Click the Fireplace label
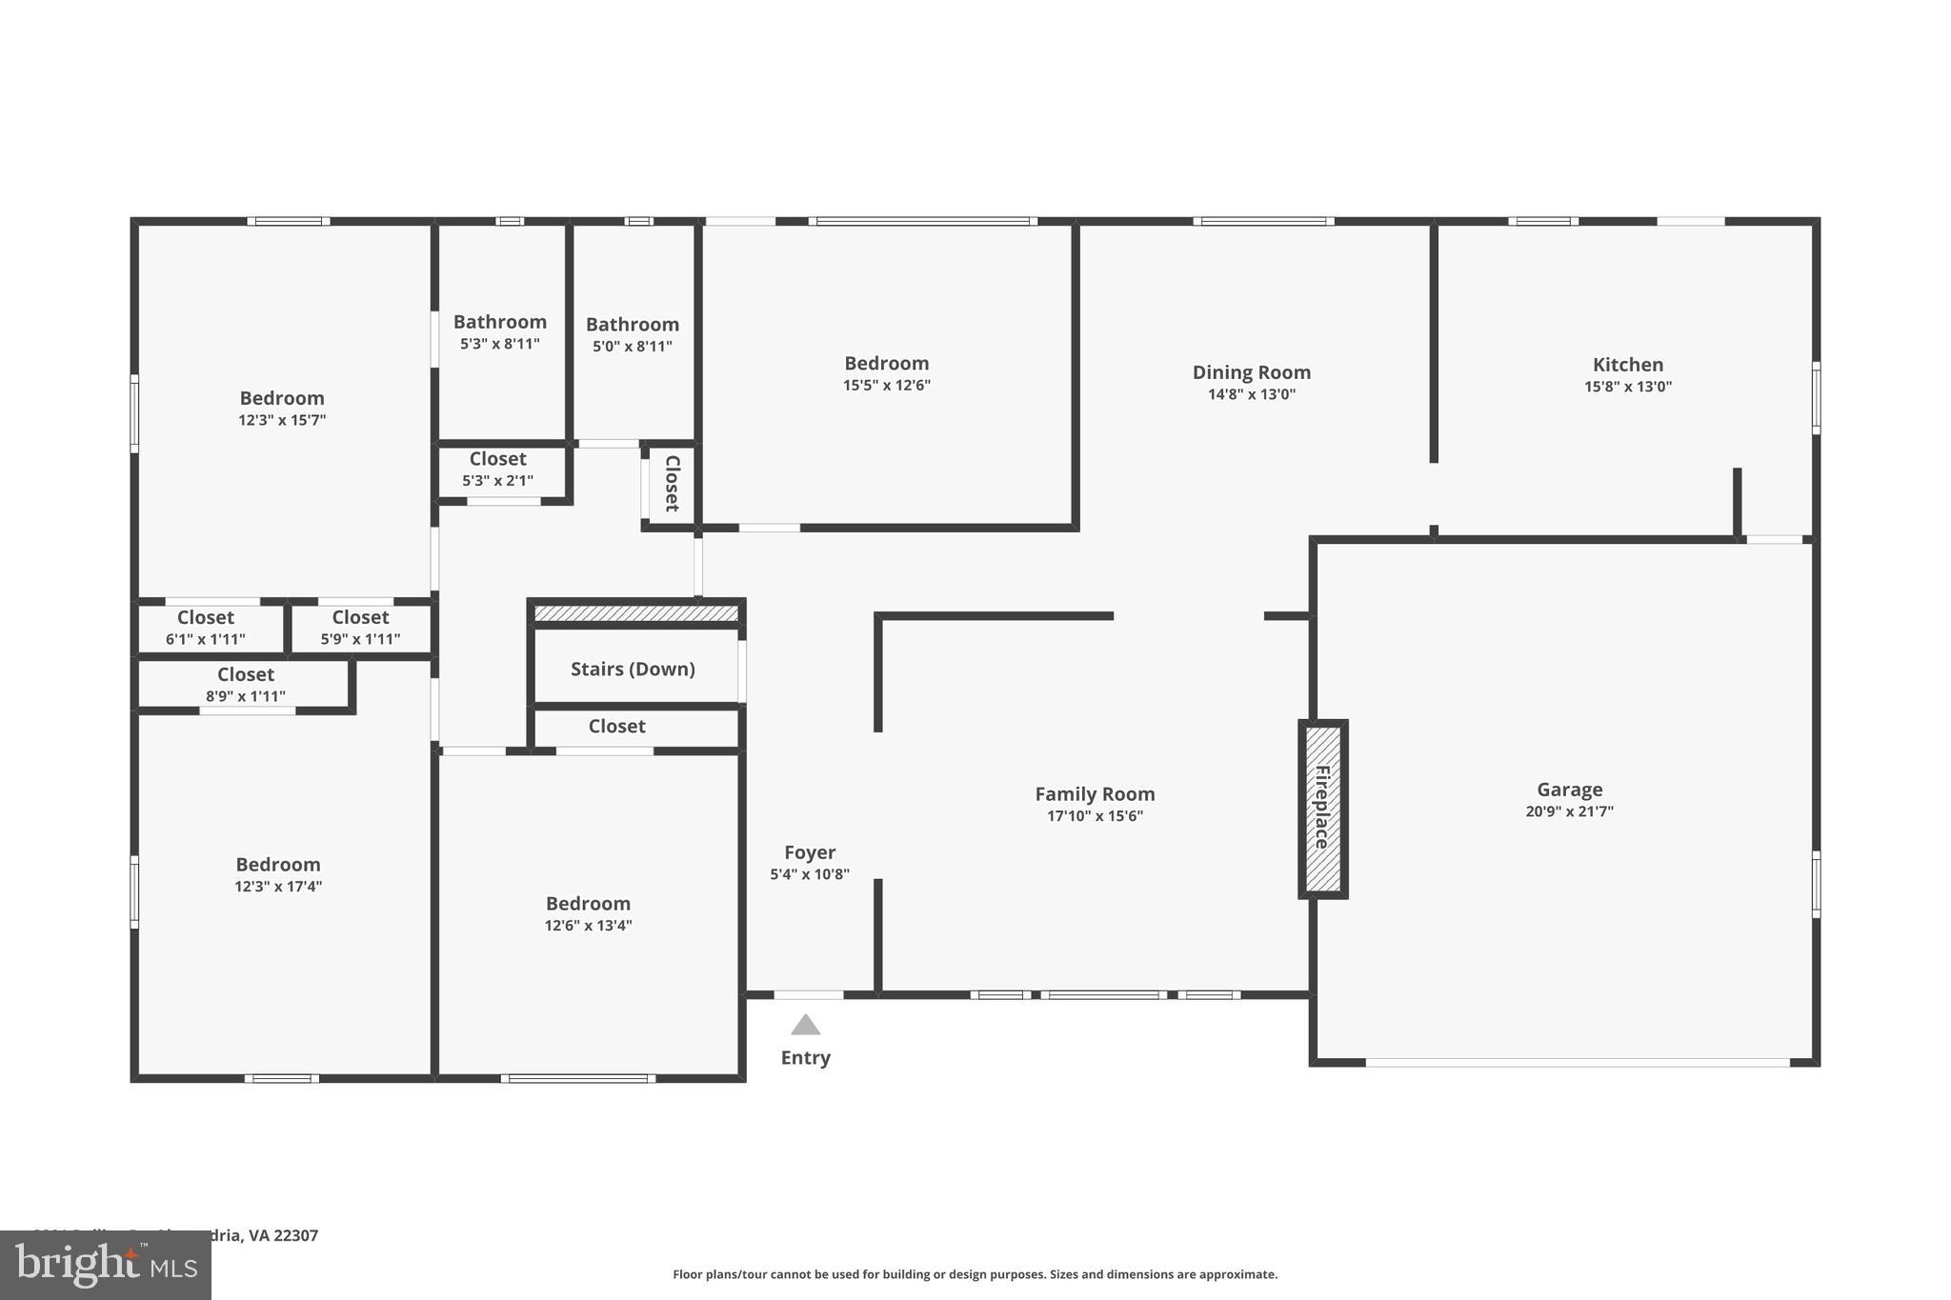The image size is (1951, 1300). point(1322,808)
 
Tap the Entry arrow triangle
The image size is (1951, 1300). point(806,1025)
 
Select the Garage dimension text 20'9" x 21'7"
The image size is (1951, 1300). point(1569,811)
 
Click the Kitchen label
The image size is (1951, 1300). point(1628,365)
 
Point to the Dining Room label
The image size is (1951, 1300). point(1251,372)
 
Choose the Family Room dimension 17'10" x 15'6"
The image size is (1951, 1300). point(1095,816)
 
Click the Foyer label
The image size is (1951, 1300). point(810,852)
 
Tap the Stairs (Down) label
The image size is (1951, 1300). point(633,669)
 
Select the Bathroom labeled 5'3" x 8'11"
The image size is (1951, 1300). point(499,331)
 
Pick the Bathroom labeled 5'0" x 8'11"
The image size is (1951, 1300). point(632,334)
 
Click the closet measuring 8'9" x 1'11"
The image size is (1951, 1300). point(245,685)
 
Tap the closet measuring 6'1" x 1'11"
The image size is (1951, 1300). point(205,628)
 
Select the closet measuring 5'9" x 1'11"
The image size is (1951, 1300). point(360,628)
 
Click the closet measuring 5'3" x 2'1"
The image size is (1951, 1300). point(497,470)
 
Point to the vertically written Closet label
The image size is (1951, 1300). point(672,484)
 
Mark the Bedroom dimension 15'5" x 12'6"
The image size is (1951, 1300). point(886,386)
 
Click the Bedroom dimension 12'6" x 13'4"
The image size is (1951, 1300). point(588,926)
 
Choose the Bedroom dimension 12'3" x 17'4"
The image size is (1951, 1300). point(278,887)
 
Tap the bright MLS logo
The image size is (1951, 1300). point(106,1265)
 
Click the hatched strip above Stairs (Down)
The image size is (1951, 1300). point(636,613)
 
